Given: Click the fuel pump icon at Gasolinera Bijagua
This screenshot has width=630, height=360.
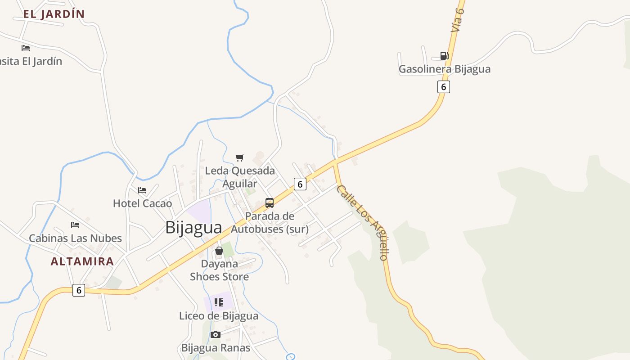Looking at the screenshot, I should pyautogui.click(x=444, y=56).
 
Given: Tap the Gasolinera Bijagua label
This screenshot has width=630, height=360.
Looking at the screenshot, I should pyautogui.click(x=444, y=69).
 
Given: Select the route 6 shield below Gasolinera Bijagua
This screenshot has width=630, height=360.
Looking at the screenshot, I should pyautogui.click(x=443, y=87).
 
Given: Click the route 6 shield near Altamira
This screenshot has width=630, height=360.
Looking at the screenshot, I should pyautogui.click(x=79, y=290).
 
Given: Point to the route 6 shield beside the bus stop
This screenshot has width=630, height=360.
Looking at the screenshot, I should pyautogui.click(x=300, y=184).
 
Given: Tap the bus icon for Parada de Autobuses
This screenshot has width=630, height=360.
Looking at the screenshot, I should pyautogui.click(x=270, y=203).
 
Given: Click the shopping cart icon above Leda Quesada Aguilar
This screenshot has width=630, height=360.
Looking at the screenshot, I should pyautogui.click(x=240, y=157).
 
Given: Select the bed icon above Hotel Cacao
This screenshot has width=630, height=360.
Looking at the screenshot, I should pyautogui.click(x=142, y=190).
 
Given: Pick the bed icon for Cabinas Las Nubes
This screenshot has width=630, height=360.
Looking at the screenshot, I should pyautogui.click(x=75, y=225).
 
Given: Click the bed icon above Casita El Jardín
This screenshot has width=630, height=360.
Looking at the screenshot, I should pyautogui.click(x=26, y=48).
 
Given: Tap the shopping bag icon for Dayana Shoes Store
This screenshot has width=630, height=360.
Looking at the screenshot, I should pyautogui.click(x=219, y=251).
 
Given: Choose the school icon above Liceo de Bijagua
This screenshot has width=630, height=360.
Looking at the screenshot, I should pyautogui.click(x=219, y=302).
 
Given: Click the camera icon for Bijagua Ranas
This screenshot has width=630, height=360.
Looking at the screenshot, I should pyautogui.click(x=216, y=334).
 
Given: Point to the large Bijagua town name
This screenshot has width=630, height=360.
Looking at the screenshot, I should pyautogui.click(x=193, y=227).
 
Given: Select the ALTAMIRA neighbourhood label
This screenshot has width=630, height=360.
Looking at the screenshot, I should pyautogui.click(x=82, y=261).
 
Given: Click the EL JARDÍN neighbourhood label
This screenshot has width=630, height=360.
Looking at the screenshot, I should pyautogui.click(x=54, y=14).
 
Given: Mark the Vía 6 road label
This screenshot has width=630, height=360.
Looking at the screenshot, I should pyautogui.click(x=458, y=20).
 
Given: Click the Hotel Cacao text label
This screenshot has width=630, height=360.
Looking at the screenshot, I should pyautogui.click(x=142, y=203).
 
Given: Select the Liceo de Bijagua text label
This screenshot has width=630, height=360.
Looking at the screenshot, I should pyautogui.click(x=219, y=316).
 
